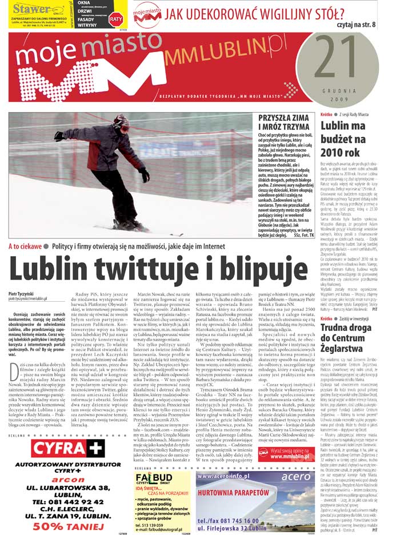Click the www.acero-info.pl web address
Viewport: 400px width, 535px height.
pos(223,475)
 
